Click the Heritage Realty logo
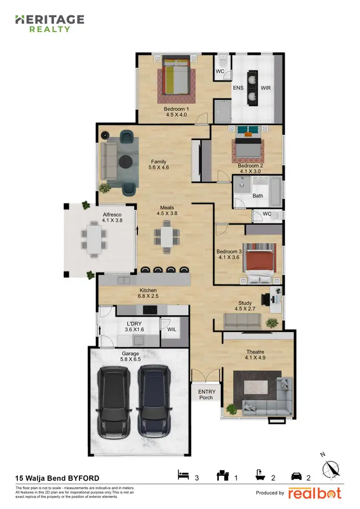pos(49,23)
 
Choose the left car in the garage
pos(114,402)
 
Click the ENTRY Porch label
pos(207,394)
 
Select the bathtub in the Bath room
pos(274,191)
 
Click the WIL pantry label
pos(171,330)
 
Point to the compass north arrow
pos(331,468)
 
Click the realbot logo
pos(315,493)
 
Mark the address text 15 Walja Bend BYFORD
pos(58,478)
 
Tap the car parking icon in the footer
pos(296,476)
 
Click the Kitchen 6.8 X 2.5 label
pos(148,293)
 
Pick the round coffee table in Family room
pos(126,161)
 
